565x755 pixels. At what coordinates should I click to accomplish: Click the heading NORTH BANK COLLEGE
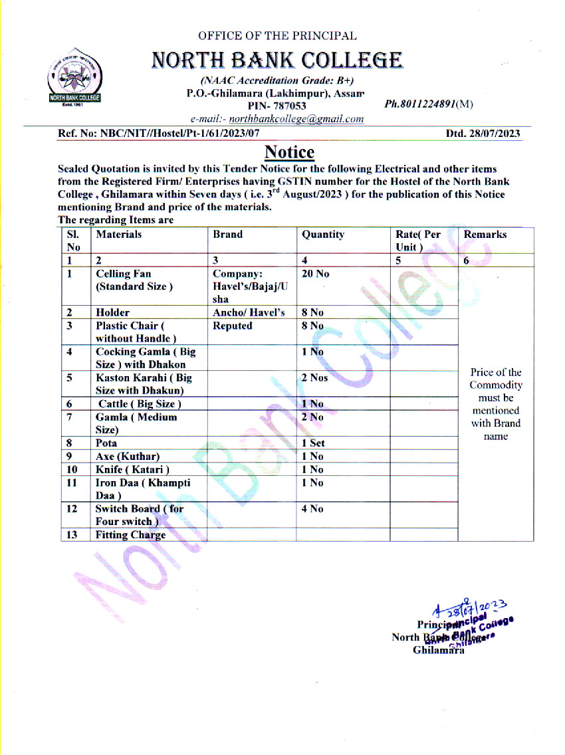[x=277, y=60]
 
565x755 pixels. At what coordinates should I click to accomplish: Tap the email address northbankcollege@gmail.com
[x=296, y=119]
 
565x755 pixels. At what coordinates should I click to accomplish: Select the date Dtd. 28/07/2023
[x=483, y=134]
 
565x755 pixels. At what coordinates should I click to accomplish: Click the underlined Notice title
[x=289, y=152]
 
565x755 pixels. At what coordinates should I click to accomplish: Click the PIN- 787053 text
[x=277, y=106]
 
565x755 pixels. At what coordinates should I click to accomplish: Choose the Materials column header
[x=119, y=235]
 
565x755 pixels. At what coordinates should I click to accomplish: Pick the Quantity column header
[x=323, y=235]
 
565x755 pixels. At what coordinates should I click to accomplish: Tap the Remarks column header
[x=485, y=235]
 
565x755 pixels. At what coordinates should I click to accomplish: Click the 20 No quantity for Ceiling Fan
[x=315, y=274]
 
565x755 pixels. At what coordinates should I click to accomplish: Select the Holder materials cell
[x=112, y=312]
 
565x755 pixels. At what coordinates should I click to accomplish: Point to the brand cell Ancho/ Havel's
[x=249, y=312]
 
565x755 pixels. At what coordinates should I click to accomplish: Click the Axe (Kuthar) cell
[x=128, y=457]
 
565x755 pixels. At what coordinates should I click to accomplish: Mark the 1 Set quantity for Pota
[x=313, y=443]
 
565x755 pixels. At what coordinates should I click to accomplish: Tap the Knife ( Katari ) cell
[x=128, y=470]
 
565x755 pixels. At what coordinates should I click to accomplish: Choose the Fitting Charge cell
[x=130, y=535]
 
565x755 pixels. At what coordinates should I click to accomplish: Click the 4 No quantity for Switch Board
[x=312, y=508]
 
